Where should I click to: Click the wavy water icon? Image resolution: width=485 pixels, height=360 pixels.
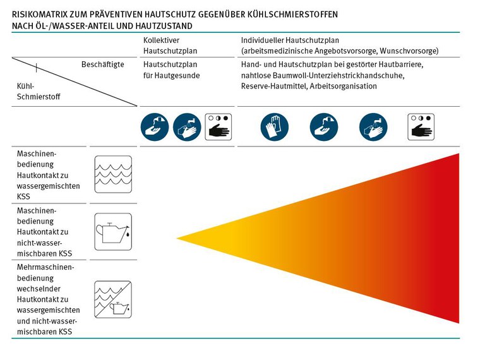tap(112, 174)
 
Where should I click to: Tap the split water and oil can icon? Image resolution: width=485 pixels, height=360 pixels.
tap(112, 299)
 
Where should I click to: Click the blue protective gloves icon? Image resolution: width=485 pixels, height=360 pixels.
tap(273, 127)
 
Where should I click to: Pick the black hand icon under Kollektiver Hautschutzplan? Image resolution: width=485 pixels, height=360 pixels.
tap(218, 127)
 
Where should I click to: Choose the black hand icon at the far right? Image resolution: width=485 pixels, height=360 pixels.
tap(421, 127)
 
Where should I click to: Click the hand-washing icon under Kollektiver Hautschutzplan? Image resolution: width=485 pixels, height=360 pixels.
tap(186, 127)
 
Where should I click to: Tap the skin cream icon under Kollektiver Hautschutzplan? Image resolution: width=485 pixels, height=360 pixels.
tap(154, 127)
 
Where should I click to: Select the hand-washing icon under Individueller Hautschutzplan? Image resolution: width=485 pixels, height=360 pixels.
tap(373, 127)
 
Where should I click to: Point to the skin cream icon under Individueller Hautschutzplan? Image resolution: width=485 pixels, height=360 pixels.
tap(323, 127)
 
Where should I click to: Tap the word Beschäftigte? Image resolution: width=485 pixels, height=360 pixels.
tap(102, 64)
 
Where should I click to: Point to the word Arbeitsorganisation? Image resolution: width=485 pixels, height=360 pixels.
tap(344, 86)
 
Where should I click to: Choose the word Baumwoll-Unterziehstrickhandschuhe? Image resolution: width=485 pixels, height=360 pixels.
tap(338, 75)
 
